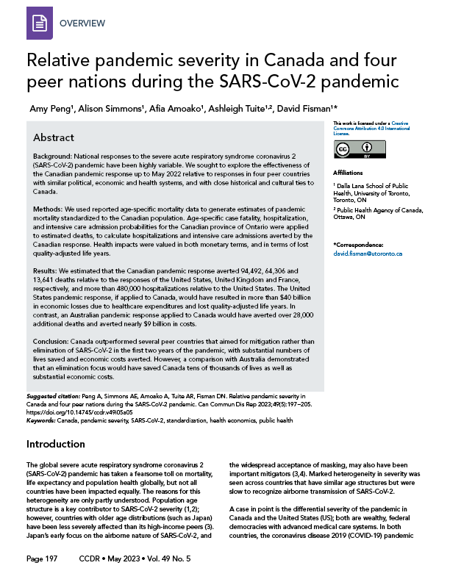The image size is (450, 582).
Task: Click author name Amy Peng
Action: point(54,109)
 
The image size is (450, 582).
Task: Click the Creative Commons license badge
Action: point(353,151)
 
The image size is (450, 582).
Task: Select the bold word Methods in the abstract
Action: point(49,211)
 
